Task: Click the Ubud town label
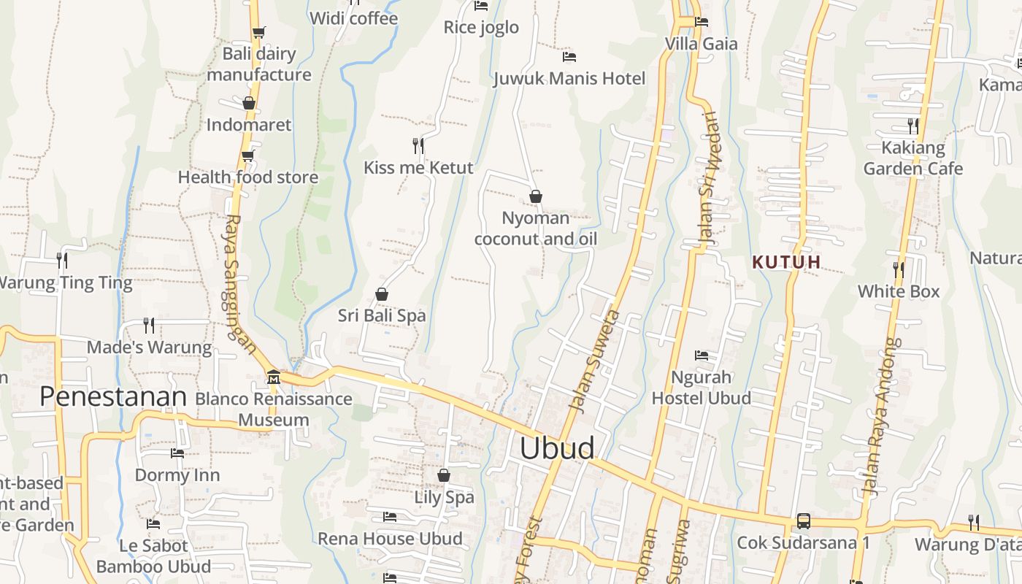point(557,448)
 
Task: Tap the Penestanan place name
point(113,396)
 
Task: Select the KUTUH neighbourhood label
point(787,262)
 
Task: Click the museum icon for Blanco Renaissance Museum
point(274,377)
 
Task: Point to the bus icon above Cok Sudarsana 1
point(803,521)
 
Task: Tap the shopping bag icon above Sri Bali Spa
point(381,294)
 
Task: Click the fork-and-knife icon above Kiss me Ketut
point(418,146)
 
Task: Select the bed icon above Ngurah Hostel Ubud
point(702,356)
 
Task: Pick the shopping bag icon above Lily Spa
point(444,476)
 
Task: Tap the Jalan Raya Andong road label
point(883,417)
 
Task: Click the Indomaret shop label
point(249,125)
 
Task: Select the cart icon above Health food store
point(248,155)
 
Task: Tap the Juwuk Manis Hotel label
point(569,79)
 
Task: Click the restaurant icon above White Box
point(899,269)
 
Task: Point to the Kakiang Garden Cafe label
point(912,158)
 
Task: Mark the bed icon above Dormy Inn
point(177,453)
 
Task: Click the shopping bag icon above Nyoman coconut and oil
point(536,196)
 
